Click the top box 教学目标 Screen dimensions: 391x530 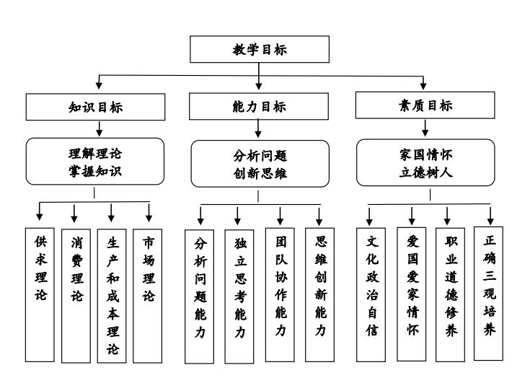click(x=260, y=49)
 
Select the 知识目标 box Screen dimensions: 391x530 click(x=95, y=107)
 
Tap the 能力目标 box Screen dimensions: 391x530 click(x=259, y=107)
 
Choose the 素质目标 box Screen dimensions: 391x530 click(x=426, y=105)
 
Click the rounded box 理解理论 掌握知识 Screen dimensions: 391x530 click(x=95, y=161)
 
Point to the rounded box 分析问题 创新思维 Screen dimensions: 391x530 click(x=260, y=163)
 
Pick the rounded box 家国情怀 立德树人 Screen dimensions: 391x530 click(x=426, y=162)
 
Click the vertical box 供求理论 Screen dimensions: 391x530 click(x=40, y=294)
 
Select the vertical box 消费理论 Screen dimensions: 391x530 click(x=76, y=294)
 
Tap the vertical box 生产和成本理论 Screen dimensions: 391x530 click(x=112, y=294)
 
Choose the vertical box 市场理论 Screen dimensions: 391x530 click(x=148, y=294)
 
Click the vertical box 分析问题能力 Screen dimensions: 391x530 click(x=200, y=296)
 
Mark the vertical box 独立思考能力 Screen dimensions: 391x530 click(x=239, y=296)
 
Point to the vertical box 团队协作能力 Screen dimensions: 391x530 click(x=280, y=294)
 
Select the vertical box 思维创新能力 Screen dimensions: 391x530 click(x=319, y=294)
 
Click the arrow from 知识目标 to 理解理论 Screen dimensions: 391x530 click(x=98, y=128)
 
